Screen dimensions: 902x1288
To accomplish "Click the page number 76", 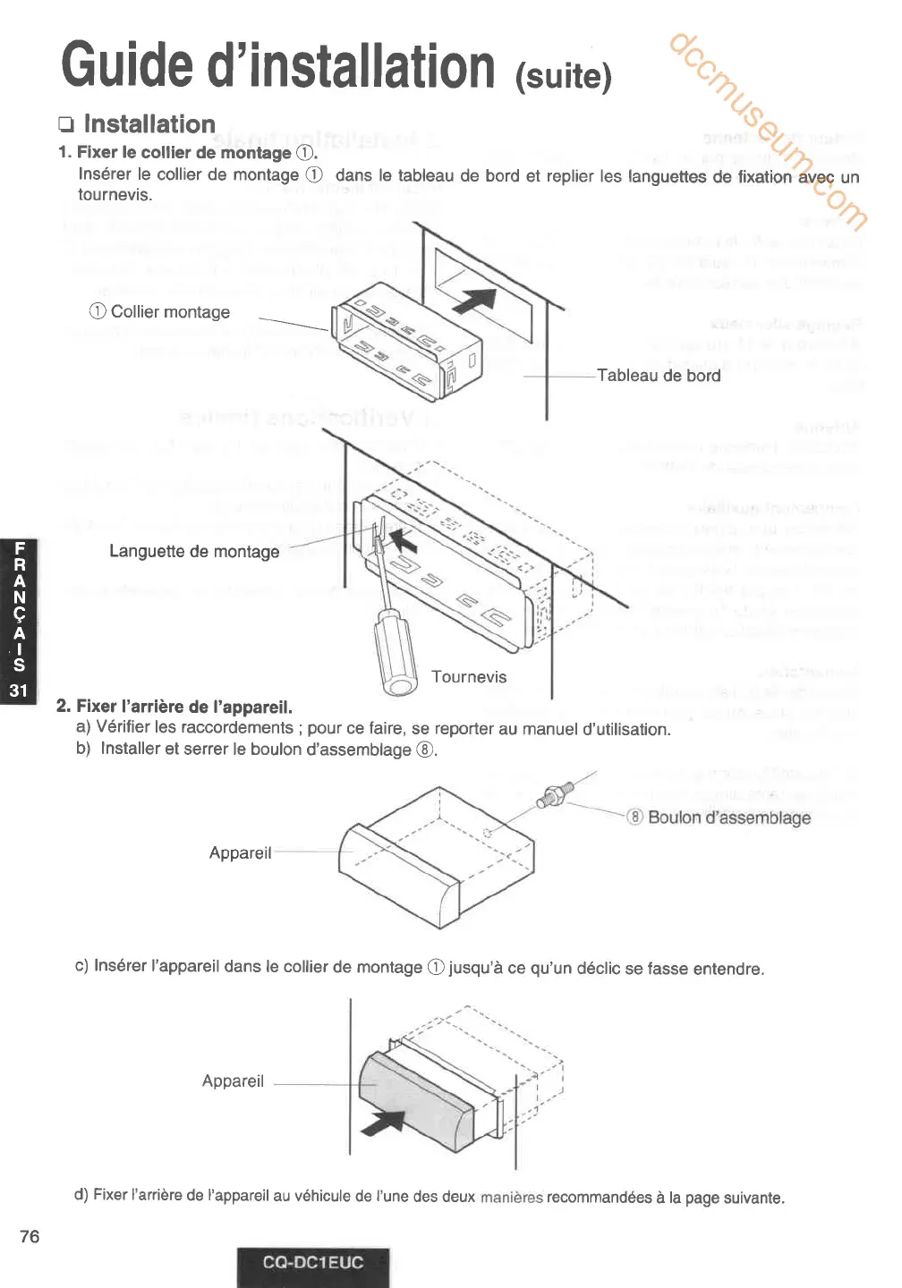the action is coord(30,1236).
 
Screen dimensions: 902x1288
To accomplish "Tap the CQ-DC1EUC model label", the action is coord(313,1263).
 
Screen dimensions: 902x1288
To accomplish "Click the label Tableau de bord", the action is coord(659,376).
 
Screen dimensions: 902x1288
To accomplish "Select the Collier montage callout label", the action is coord(160,312).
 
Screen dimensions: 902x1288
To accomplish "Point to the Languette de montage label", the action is coord(194,552).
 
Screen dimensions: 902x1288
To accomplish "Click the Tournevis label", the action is coord(469,677).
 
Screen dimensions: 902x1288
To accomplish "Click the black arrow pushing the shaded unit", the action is coord(384,1121).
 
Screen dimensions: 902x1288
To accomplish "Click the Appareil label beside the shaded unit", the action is coord(233,1081).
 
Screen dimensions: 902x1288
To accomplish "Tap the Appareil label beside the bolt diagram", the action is coord(240,853).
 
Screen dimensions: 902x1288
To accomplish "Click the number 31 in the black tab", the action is coord(19,690).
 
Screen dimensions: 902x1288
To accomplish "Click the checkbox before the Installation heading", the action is coord(66,124).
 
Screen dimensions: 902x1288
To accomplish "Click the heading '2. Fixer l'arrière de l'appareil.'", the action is coord(174,707).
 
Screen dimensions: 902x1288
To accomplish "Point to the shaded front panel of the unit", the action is coord(415,1099).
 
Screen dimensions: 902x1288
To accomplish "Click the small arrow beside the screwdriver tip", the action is coord(404,539).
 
